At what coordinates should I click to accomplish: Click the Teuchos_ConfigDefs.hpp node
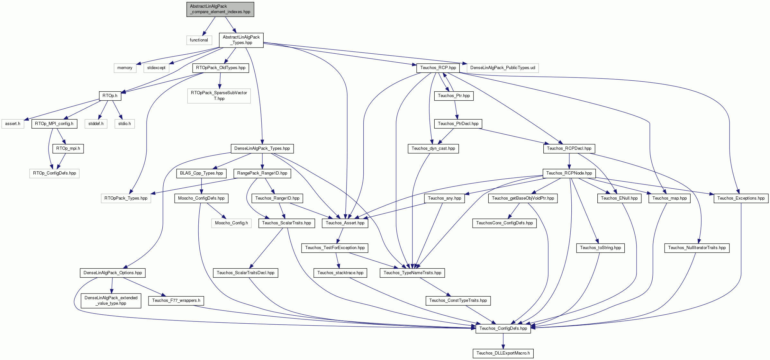pos(503,328)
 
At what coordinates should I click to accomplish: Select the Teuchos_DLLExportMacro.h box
pos(503,353)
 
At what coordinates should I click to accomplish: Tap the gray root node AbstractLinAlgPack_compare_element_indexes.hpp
pos(220,9)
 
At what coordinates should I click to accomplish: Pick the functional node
pos(199,40)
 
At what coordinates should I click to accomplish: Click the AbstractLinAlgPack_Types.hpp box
pos(241,40)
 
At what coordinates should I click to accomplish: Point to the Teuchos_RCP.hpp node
pos(438,67)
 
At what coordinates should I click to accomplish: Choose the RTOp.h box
pos(110,95)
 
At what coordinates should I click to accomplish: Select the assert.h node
pos(13,123)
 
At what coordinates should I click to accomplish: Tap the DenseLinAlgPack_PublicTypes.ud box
pos(503,67)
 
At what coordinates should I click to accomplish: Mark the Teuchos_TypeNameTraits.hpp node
pos(412,273)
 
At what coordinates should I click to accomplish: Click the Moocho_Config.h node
pos(231,223)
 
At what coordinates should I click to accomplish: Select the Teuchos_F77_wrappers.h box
pos(176,300)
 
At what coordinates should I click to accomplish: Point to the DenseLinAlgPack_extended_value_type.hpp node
pos(111,300)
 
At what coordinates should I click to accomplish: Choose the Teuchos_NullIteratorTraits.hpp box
pos(697,248)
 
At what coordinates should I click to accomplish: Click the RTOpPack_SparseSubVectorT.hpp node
pos(219,95)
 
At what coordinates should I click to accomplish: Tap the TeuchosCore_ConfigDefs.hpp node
pos(504,223)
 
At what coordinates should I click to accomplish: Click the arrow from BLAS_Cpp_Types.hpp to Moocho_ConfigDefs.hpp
pos(201,186)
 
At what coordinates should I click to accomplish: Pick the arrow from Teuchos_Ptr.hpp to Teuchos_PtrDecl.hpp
pos(456,110)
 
